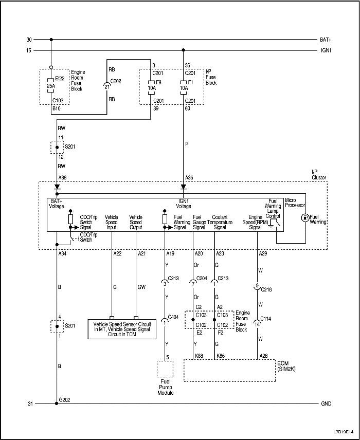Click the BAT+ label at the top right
(326, 40)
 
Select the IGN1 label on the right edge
(326, 50)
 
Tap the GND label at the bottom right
(326, 404)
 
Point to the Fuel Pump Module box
(165, 369)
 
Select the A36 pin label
(63, 178)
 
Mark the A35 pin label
(189, 178)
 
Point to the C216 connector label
(266, 289)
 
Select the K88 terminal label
(199, 356)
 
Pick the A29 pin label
(263, 253)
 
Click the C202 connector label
(116, 81)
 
